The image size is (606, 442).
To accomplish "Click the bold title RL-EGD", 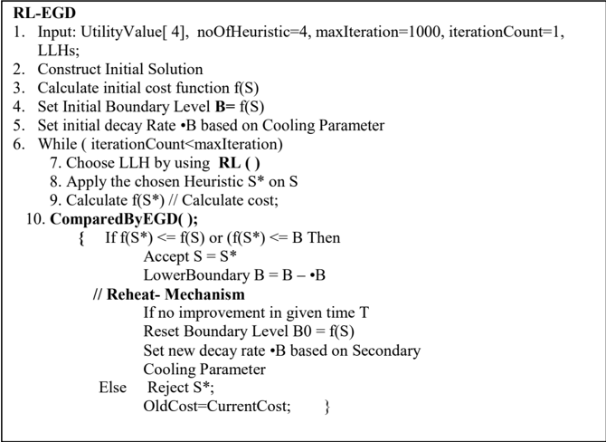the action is [x=44, y=13].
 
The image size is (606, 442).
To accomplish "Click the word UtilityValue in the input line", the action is [x=120, y=32].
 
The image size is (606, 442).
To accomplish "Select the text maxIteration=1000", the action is [x=378, y=32].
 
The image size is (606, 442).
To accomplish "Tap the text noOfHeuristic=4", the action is [x=252, y=32].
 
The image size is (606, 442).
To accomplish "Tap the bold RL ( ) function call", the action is [x=239, y=163].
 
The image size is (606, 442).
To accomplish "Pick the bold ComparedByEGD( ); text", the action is [x=124, y=219].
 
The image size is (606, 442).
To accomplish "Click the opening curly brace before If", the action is [x=81, y=238].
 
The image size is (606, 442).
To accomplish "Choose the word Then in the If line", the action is [x=324, y=237].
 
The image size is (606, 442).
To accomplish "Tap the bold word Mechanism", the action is [x=204, y=294].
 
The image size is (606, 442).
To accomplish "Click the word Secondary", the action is [x=386, y=351].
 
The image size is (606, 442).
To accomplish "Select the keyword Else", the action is [x=112, y=388].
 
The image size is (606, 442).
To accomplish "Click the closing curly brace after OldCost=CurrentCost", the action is [x=327, y=408].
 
